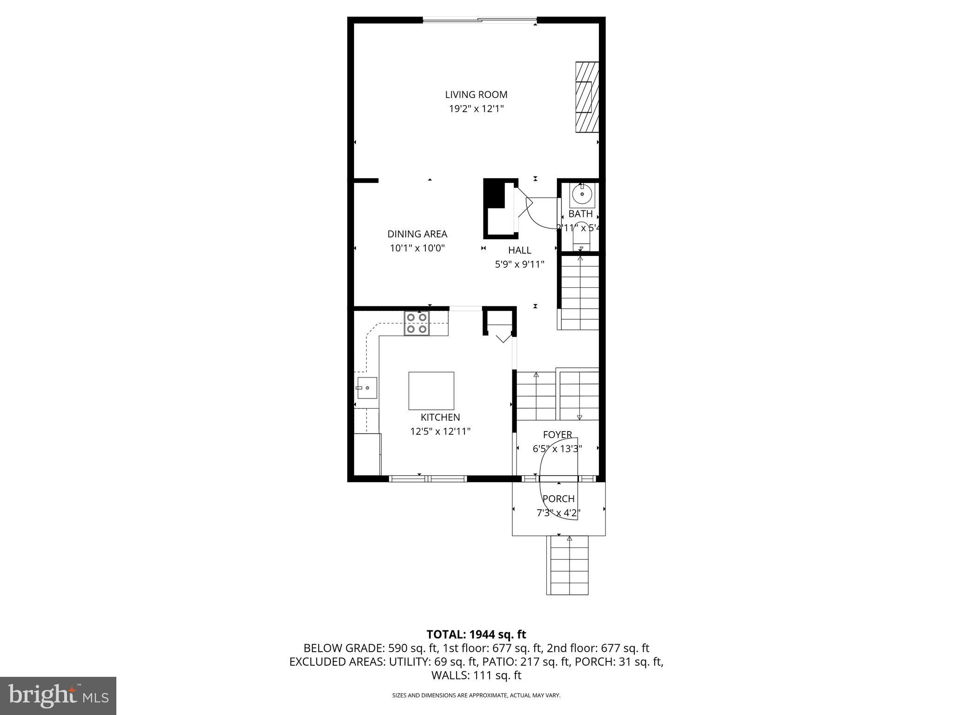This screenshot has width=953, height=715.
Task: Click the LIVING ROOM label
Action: pos(476,94)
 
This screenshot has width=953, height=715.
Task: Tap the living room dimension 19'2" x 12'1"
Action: pos(476,109)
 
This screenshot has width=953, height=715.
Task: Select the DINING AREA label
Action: pos(417,234)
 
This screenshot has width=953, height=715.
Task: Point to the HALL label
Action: pos(519,250)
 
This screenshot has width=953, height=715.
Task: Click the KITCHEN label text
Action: pos(440,418)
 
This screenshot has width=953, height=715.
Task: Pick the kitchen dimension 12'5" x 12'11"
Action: pos(440,432)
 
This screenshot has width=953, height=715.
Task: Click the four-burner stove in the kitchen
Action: pos(416,324)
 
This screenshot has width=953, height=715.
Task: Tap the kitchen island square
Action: pos(431,391)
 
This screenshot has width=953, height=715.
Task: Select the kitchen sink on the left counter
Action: pos(367,388)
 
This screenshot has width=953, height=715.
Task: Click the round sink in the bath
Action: pos(582,194)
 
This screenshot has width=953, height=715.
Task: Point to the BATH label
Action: pos(580,214)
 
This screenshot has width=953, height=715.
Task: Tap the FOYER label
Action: pos(557,435)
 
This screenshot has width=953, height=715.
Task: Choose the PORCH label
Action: pos(558,499)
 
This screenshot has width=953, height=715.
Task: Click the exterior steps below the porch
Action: pos(569,566)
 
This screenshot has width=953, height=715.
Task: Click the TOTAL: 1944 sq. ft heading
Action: pos(476,634)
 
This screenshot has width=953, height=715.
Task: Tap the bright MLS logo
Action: pos(58,695)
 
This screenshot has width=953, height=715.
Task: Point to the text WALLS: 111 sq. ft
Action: pos(476,675)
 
